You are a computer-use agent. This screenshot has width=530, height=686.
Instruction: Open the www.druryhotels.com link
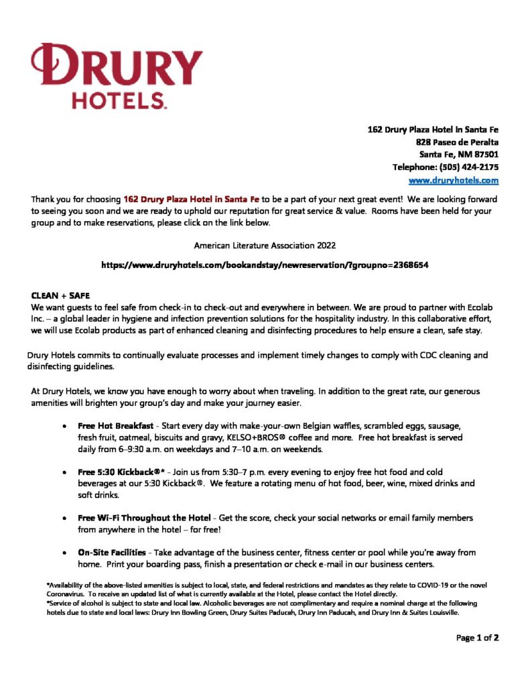[454, 180]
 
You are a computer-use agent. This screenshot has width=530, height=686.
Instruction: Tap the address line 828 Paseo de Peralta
[457, 142]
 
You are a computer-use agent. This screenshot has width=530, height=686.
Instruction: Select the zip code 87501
[485, 155]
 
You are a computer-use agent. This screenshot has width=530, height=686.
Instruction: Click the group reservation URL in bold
[265, 265]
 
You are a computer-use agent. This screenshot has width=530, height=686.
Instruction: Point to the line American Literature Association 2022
[265, 246]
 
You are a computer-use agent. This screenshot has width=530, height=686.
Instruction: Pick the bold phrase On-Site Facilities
[111, 553]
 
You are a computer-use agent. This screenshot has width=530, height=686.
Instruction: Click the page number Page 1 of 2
[478, 638]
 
